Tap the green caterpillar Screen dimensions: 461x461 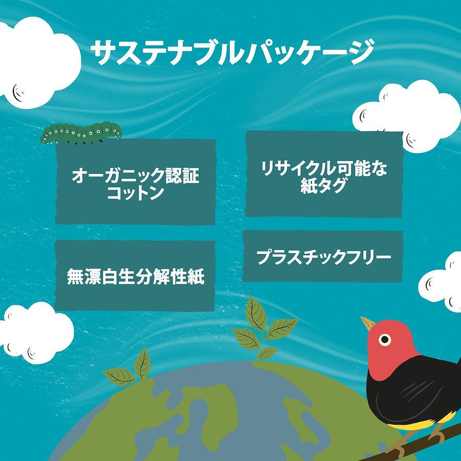click(x=81, y=133)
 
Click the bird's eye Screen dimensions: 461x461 click(x=385, y=340)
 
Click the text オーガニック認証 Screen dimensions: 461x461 click(x=136, y=176)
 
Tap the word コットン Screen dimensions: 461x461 click(x=136, y=193)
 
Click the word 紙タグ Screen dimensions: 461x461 click(x=323, y=185)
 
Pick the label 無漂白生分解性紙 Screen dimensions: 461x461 click(x=136, y=277)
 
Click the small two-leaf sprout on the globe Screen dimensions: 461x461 click(x=130, y=367)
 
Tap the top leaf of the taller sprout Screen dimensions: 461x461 click(x=256, y=313)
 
